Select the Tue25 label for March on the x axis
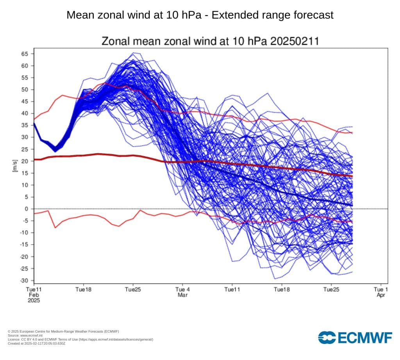point(331,290)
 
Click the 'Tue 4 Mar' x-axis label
point(182,292)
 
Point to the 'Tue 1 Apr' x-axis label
point(381,292)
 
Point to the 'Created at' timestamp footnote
point(36,343)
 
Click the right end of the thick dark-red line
point(352,176)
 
